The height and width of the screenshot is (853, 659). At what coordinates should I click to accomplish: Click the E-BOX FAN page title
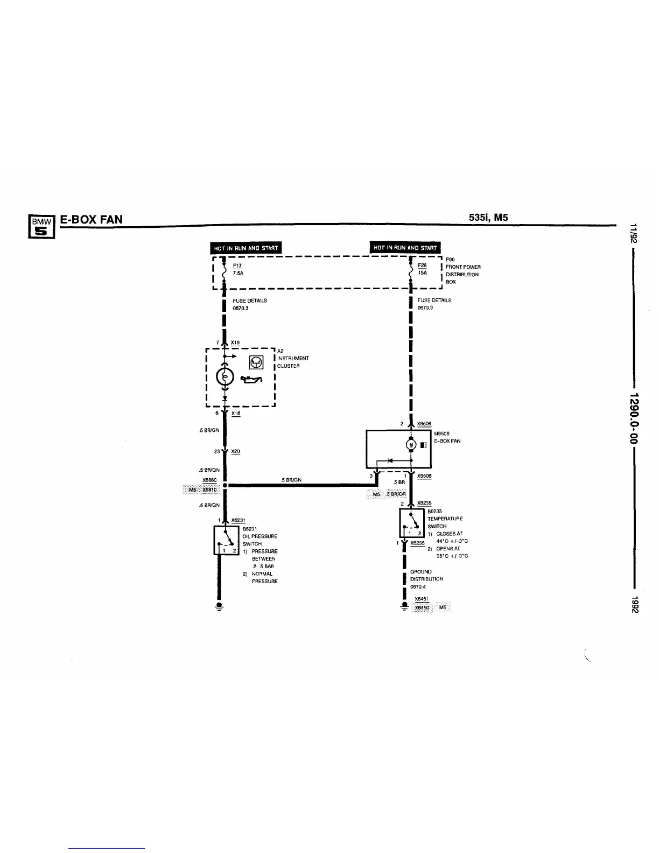[91, 219]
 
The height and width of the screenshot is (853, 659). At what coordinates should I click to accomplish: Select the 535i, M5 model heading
[488, 218]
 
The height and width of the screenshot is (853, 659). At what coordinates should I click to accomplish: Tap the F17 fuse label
[237, 266]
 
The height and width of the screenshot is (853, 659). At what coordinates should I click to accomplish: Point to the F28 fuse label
[422, 265]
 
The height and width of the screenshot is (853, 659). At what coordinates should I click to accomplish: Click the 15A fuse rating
[422, 273]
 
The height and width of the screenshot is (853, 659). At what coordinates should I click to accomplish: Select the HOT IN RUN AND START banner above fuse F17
[246, 248]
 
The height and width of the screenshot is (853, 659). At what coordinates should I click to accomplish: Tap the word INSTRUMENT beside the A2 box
[293, 358]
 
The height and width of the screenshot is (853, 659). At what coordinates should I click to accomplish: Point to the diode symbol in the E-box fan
[391, 460]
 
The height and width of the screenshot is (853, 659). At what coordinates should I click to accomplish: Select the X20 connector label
[235, 451]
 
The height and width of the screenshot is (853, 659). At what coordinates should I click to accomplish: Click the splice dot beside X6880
[225, 485]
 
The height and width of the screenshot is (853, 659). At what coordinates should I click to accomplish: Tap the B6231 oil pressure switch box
[227, 540]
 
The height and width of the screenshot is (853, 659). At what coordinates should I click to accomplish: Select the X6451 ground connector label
[421, 599]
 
